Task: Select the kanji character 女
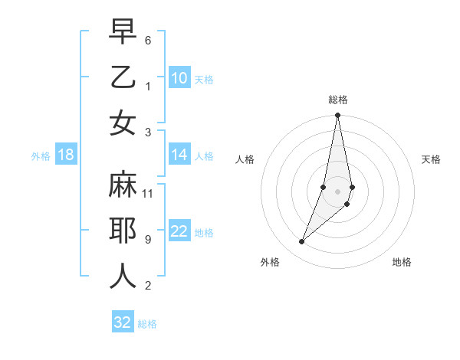pos(123,123)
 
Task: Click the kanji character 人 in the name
pos(123,277)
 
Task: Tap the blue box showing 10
pos(179,78)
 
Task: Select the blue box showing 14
pos(179,155)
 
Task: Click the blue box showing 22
pos(179,232)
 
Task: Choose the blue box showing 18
pos(66,155)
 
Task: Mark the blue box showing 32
pos(123,322)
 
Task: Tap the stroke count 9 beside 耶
pos(148,240)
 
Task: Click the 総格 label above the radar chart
pos(338,100)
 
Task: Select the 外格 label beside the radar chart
pos(269,262)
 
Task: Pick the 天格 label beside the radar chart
pos(431,159)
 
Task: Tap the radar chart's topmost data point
pos(337,116)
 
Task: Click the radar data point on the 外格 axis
pos(302,242)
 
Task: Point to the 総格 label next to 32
pos(147,324)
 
